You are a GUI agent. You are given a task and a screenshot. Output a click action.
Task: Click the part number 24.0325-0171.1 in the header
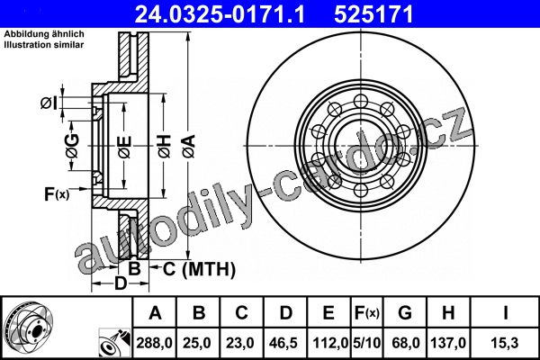tap(220, 14)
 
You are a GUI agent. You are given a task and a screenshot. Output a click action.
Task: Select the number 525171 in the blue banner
tap(373, 14)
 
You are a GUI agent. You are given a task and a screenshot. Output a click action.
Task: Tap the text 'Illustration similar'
tap(44, 45)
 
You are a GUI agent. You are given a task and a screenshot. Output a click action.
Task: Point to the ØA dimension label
tap(189, 146)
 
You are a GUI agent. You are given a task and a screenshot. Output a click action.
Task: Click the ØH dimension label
tap(165, 147)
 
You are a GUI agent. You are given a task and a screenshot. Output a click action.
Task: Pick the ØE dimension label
tap(124, 147)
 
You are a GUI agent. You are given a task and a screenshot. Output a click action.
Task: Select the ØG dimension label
tap(72, 146)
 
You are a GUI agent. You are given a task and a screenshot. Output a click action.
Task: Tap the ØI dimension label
tap(48, 103)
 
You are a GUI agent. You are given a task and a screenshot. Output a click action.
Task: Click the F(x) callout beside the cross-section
tap(57, 194)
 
